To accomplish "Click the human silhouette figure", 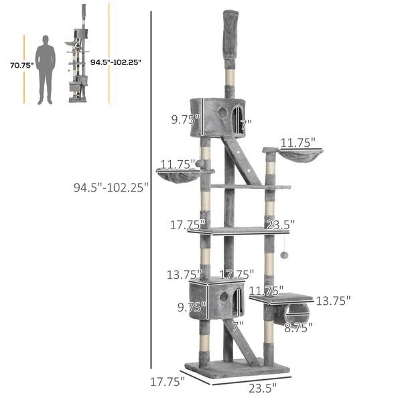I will pyautogui.click(x=46, y=70).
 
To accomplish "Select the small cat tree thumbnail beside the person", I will pyautogui.click(x=80, y=60).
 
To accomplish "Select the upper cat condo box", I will pyautogui.click(x=218, y=117).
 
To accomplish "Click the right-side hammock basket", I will pyautogui.click(x=301, y=158).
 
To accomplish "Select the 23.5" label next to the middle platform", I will pyautogui.click(x=279, y=224).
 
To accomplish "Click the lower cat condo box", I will pyautogui.click(x=216, y=300).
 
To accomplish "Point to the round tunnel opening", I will pyautogui.click(x=297, y=312).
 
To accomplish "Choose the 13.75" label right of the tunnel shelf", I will pyautogui.click(x=333, y=301).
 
